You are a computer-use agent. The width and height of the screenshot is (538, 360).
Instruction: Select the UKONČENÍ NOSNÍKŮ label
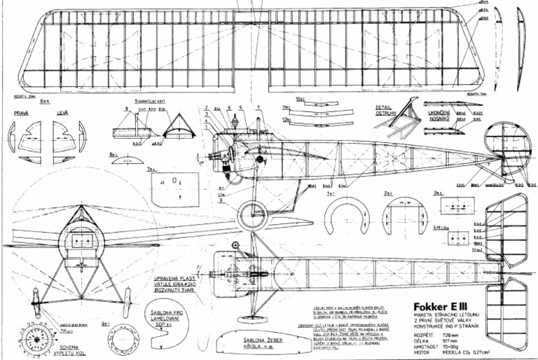[x=443, y=109]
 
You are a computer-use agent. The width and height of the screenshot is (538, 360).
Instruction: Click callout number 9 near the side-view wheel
[x=220, y=201]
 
